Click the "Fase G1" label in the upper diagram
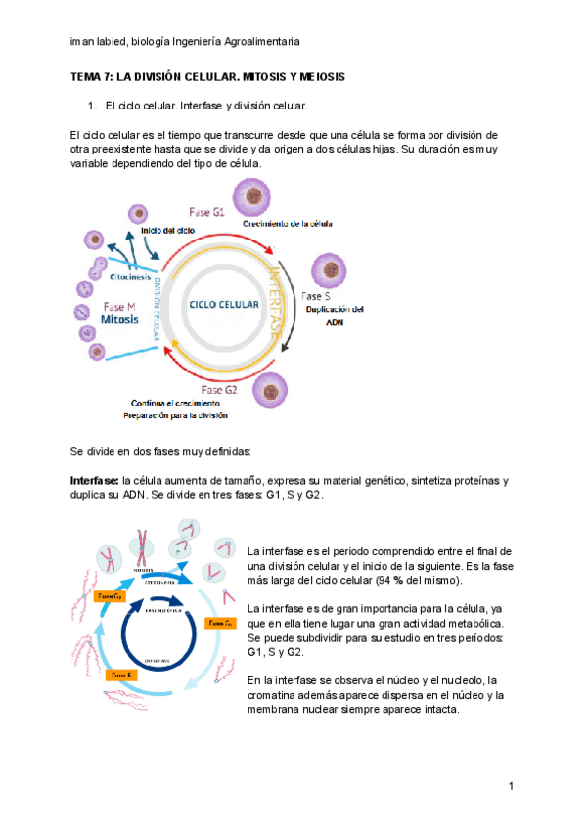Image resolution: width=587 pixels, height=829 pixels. (206, 211)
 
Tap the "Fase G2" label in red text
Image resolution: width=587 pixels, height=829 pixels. (218, 390)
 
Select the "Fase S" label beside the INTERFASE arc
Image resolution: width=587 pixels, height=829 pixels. (315, 296)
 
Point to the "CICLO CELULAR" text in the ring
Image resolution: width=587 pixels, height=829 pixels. (225, 304)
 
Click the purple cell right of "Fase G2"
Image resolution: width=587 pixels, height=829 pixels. (269, 391)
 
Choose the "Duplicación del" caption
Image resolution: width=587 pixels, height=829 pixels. (334, 310)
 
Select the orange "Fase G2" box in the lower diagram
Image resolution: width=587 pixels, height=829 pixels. (105, 595)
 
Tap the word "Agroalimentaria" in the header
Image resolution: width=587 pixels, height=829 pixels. (260, 42)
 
